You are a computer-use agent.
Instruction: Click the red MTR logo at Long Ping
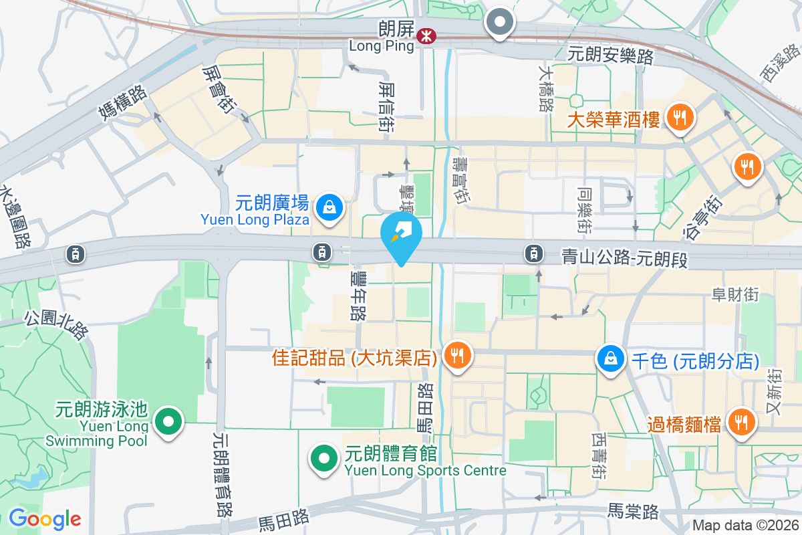424,36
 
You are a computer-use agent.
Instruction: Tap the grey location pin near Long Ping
500,23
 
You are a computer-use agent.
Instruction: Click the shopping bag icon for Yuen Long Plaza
329,207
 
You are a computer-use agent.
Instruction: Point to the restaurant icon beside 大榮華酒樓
680,118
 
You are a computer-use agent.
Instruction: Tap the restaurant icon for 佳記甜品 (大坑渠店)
457,354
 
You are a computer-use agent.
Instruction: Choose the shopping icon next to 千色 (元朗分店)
611,359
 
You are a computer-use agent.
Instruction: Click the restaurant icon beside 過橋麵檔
741,423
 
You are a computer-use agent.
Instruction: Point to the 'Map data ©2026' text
745,525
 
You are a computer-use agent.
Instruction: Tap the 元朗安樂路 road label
610,56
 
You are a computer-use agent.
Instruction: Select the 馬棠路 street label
633,512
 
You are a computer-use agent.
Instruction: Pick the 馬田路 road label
283,518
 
